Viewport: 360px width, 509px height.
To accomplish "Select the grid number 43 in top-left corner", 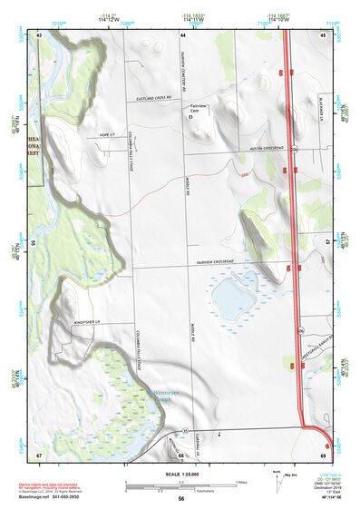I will point(40,34).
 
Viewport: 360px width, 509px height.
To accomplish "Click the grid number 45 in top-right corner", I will point(324,34).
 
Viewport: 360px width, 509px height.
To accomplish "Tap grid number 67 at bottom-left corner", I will point(40,454).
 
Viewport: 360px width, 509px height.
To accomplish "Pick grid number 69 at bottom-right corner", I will point(324,454).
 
